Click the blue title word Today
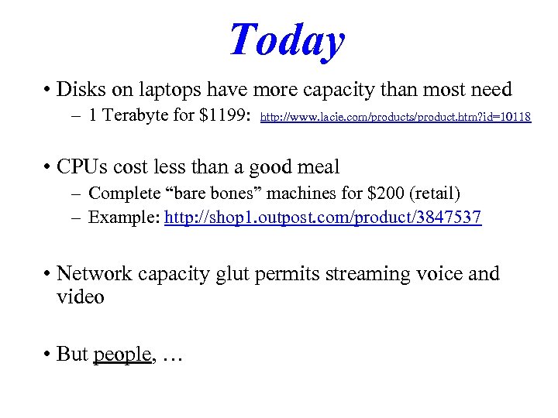click(x=287, y=39)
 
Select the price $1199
click(x=224, y=117)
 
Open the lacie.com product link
click(x=395, y=118)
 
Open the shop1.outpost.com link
click(x=323, y=217)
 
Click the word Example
click(x=123, y=217)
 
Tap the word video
click(x=81, y=296)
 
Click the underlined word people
click(x=122, y=354)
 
